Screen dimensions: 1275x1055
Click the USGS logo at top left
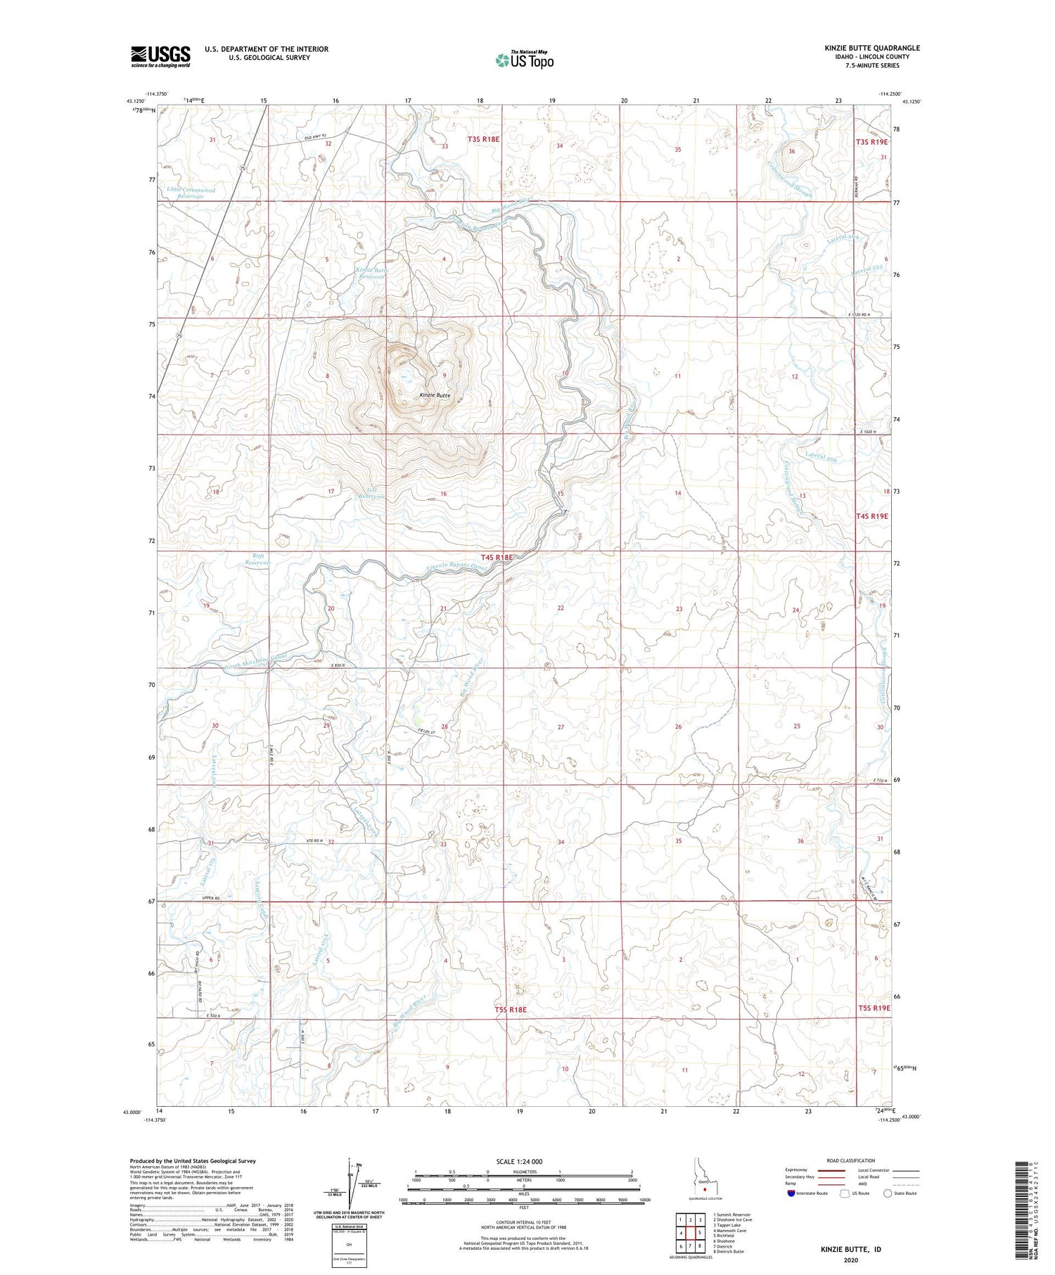point(160,56)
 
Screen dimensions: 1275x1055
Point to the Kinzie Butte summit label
point(435,395)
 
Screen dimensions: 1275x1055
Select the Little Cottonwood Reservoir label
point(191,193)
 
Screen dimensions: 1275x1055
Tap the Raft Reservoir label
point(257,559)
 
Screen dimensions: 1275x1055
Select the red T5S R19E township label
point(873,1008)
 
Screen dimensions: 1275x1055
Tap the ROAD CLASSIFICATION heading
point(850,1160)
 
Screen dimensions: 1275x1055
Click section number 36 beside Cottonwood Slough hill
point(791,151)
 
